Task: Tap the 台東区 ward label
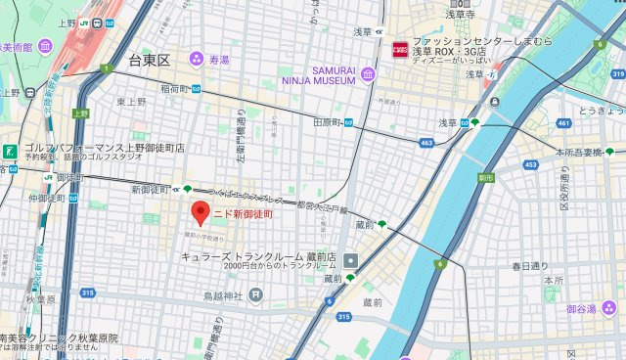[150, 61]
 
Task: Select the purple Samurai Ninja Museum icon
[368, 74]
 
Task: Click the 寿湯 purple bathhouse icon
[197, 59]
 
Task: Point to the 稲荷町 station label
[176, 89]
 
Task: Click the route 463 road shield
[425, 143]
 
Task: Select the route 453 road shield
[530, 165]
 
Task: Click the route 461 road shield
[563, 123]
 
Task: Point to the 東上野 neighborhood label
[132, 101]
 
